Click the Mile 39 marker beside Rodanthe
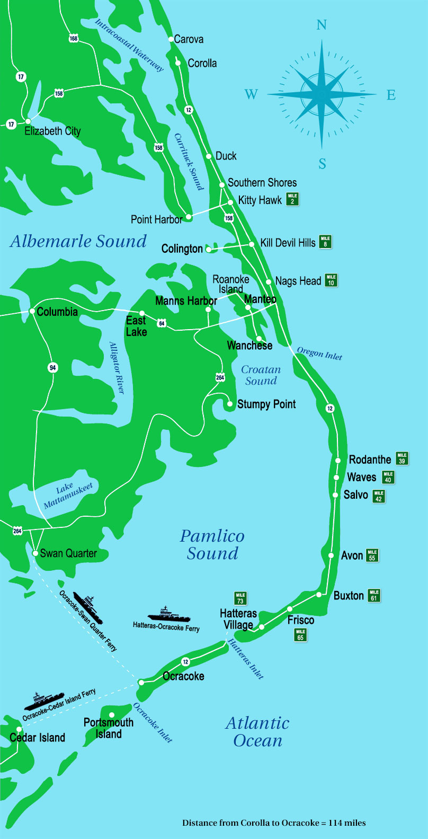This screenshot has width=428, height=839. pos(402,458)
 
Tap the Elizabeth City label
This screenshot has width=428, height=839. pos(52,131)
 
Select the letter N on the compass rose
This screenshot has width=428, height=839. pos(322,25)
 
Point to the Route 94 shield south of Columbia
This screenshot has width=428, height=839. pos(52,368)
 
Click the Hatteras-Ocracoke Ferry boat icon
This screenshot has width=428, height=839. pos(169,615)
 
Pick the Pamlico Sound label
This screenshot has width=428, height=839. pos(212,544)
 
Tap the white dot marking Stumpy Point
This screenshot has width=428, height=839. pos(230,404)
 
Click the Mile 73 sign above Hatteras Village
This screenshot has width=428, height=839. pos(240,598)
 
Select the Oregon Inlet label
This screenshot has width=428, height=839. pos(319,354)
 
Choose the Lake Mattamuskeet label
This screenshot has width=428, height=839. pos(68,495)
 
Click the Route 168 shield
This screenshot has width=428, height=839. pos(73,38)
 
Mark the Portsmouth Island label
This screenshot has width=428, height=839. pos(109,728)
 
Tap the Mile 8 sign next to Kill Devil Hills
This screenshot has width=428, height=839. pos(325,242)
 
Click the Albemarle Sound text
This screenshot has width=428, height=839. pos(78,241)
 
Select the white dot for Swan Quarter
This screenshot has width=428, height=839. pos(35,553)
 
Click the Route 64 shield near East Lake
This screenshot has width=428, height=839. pos(162,323)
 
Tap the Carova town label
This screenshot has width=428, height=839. pos(189,39)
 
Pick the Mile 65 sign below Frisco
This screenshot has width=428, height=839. pos(300,634)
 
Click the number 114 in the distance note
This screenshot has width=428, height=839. pos(336,823)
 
